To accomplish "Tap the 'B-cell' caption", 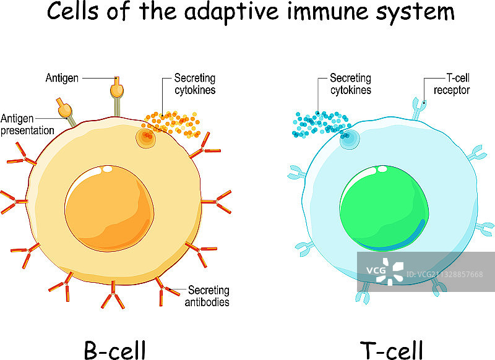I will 114,350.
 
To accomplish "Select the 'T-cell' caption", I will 392,350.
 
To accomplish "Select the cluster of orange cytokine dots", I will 170,121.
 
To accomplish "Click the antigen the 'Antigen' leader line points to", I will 116,90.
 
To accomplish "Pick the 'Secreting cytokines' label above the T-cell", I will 350,84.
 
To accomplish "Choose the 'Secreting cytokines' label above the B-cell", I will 194,84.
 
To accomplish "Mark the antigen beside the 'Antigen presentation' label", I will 64,109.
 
